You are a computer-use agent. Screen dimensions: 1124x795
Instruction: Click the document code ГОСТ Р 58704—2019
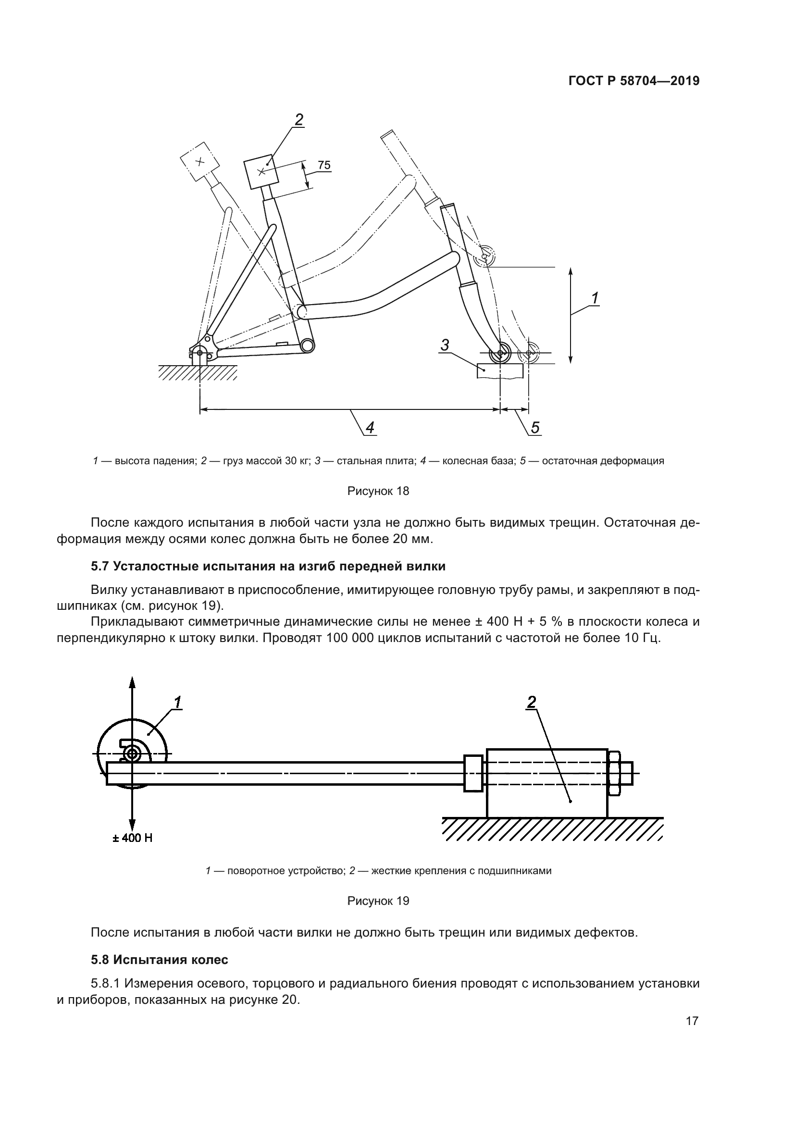pos(634,81)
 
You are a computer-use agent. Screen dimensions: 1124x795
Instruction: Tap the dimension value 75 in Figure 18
pos(324,165)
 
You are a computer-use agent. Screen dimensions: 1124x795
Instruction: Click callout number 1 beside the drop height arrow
pos(595,298)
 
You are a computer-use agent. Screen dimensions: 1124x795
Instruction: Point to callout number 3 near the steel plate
pos(445,345)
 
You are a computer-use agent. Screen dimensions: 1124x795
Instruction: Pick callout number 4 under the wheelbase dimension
pos(370,428)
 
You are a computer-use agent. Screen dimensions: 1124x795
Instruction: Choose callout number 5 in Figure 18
pos(535,428)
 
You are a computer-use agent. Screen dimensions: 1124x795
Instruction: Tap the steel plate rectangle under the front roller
pos(499,371)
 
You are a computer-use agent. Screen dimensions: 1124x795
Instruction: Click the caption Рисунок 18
pos(378,491)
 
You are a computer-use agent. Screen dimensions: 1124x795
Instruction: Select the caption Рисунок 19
pos(378,901)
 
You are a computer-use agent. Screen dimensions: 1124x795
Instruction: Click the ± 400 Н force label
pos(132,838)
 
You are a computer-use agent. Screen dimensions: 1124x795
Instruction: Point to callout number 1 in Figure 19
pos(177,703)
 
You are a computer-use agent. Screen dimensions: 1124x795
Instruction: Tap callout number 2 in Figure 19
pos(531,703)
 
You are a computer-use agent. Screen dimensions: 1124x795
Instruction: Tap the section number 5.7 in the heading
pos(100,567)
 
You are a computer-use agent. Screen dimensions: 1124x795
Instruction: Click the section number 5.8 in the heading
pos(100,960)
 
